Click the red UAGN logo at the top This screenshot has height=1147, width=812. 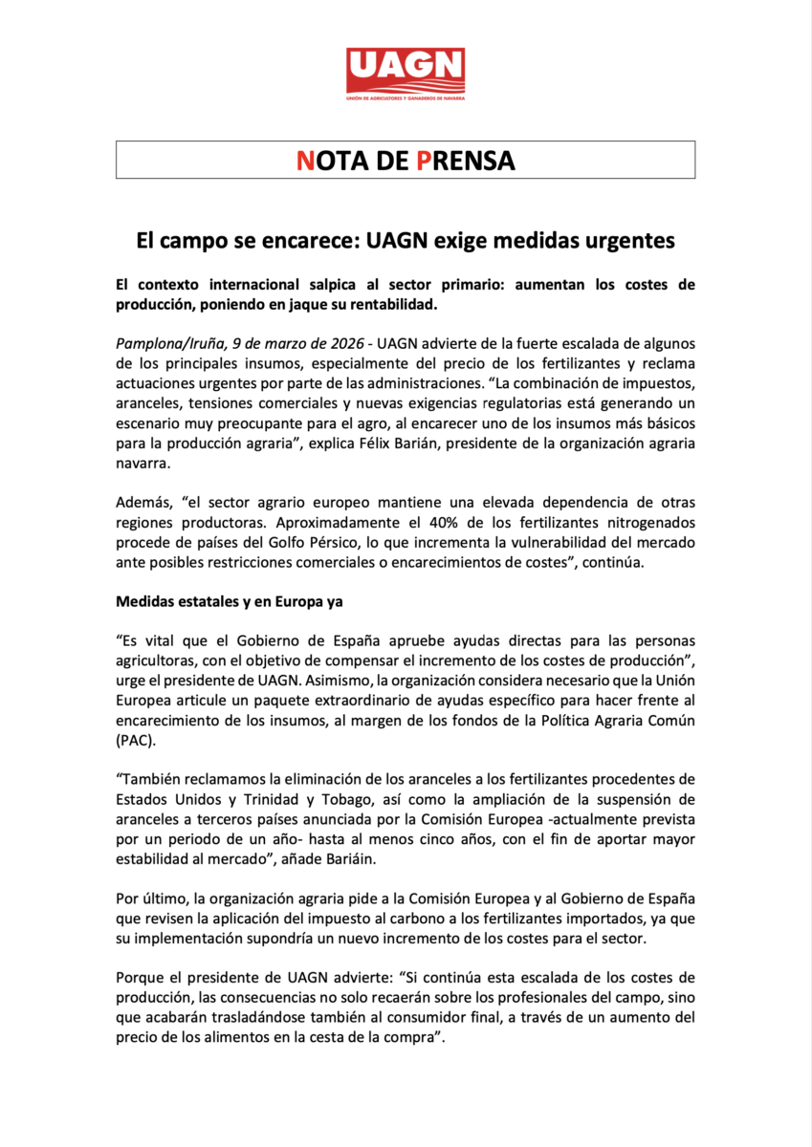[x=406, y=75]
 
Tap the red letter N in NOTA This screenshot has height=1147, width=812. [x=305, y=161]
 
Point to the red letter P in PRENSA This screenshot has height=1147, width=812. [x=426, y=161]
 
